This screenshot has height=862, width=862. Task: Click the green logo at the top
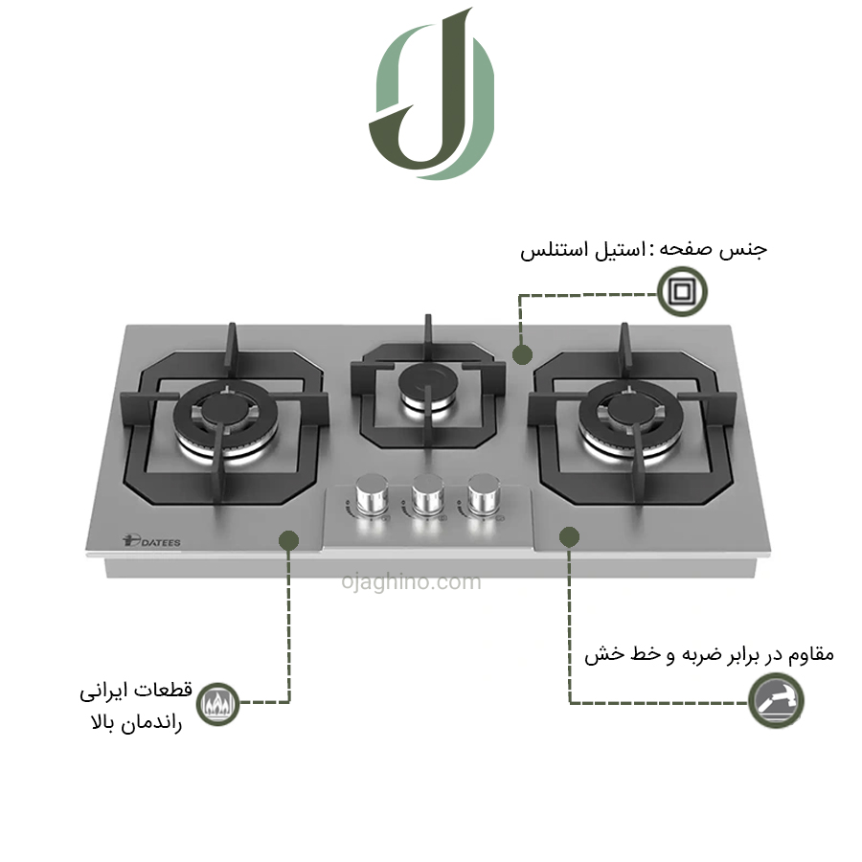432,94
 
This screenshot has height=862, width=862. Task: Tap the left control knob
373,494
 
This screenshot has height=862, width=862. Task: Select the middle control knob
428,494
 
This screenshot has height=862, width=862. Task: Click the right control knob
484,494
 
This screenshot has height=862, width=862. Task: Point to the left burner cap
226,409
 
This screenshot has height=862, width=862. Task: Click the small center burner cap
428,380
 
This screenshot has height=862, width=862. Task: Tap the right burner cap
631,409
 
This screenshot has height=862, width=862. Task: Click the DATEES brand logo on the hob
151,541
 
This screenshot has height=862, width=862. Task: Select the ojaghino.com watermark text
411,581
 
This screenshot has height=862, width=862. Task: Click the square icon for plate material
682,291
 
